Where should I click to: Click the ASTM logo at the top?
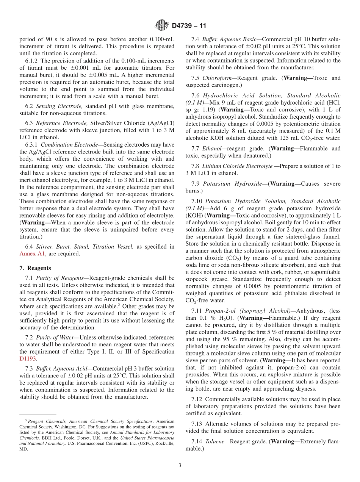pos(162,26)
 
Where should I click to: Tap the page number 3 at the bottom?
pos(180,466)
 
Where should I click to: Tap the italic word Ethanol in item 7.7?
pos(212,149)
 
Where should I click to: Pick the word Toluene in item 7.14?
pos(215,441)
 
